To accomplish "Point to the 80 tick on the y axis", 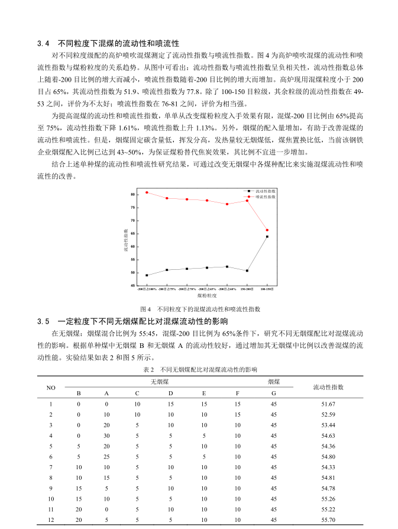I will (135, 194).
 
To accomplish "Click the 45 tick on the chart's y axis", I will (135, 286).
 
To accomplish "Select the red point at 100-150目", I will (267, 230).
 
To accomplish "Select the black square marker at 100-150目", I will (267, 237).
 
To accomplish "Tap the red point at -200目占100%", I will (147, 192).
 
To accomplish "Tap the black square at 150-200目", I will (247, 271).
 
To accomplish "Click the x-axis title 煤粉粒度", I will (206, 295).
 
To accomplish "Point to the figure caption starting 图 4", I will (200, 309).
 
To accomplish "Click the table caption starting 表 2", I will (200, 369).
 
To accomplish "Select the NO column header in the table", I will (51, 388).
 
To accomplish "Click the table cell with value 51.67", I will (328, 404).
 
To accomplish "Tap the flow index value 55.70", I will (328, 520).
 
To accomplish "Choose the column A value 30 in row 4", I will (106, 436).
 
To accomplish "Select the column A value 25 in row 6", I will (106, 457).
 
